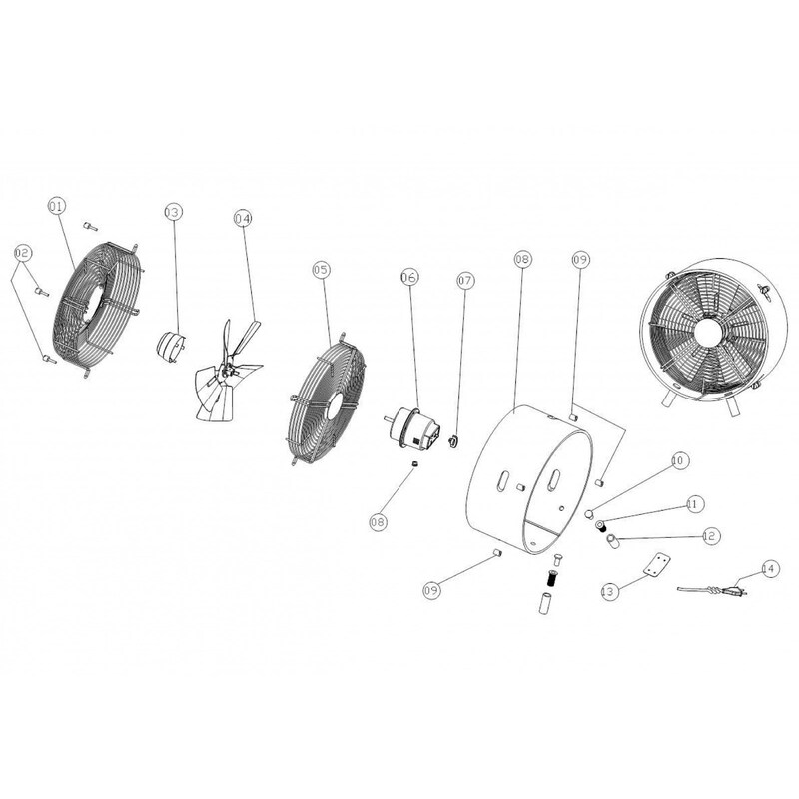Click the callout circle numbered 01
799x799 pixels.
[x=58, y=207]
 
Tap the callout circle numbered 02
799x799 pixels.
[x=22, y=253]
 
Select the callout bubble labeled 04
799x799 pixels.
[x=243, y=218]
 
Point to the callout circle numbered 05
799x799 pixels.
[x=321, y=270]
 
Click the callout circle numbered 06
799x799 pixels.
[x=409, y=277]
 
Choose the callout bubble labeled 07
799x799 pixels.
[x=465, y=281]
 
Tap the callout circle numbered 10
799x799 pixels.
[x=679, y=461]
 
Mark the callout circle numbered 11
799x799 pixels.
[x=694, y=504]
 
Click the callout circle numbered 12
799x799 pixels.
[x=710, y=536]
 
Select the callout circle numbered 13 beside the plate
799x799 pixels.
[x=609, y=591]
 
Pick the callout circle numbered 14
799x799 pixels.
[x=770, y=568]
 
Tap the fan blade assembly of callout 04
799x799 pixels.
[x=228, y=371]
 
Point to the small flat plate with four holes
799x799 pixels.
[x=656, y=565]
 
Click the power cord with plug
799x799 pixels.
[x=712, y=591]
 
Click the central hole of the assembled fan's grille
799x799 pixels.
[x=708, y=335]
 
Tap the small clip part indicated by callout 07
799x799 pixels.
[x=452, y=441]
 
